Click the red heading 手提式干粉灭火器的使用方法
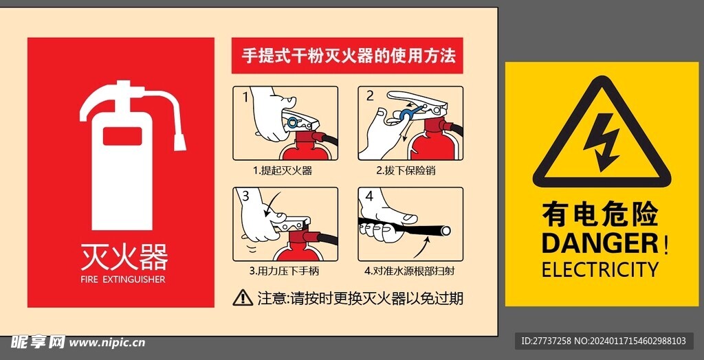pos(348,56)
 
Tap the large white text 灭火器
pos(124,258)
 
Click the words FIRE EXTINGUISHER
pos(123,280)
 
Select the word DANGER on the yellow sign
pos(600,243)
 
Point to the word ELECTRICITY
pos(599,269)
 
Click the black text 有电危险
pos(599,214)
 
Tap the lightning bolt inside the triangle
pos(600,142)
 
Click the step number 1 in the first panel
pos(245,97)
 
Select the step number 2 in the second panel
pos(370,96)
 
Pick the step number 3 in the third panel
pos(245,196)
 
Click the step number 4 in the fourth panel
pos(369,196)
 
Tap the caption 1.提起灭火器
pos(282,170)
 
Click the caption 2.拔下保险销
pos(406,170)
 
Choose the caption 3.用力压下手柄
pos(285,271)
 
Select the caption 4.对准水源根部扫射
pos(410,271)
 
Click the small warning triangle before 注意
pos(243,297)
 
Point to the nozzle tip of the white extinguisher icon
pos(180,142)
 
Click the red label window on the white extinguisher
pos(122,136)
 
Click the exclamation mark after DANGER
pos(665,244)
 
